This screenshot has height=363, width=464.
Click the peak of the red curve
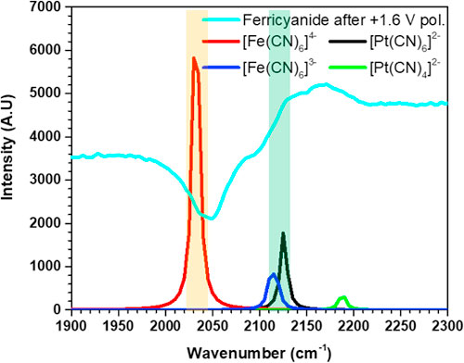[194, 58]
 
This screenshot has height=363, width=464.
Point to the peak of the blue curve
[273, 275]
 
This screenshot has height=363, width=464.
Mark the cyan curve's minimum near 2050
[212, 219]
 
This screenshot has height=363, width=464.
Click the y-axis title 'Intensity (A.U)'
[11, 158]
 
